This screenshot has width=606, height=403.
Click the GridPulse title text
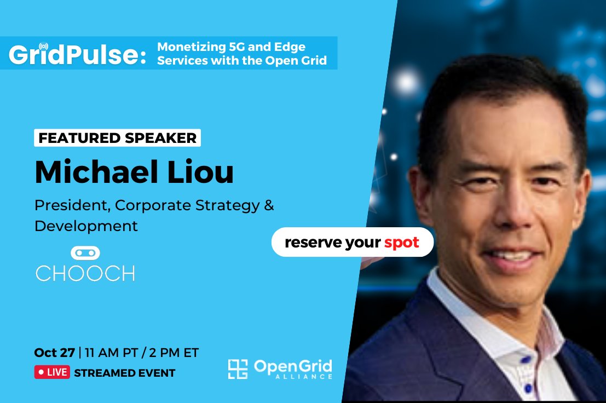pos(77,55)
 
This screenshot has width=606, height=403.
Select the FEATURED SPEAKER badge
pos(117,138)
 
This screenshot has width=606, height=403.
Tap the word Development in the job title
pos(86,226)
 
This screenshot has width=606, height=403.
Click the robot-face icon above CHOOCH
pos(85,253)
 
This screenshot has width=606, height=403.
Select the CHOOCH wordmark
pos(85,273)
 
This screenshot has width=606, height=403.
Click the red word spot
pos(401,242)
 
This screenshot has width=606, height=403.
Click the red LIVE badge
pos(52,373)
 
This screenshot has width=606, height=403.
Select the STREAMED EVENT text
pos(124,373)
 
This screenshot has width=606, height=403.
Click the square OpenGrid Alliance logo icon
pos(238,369)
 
